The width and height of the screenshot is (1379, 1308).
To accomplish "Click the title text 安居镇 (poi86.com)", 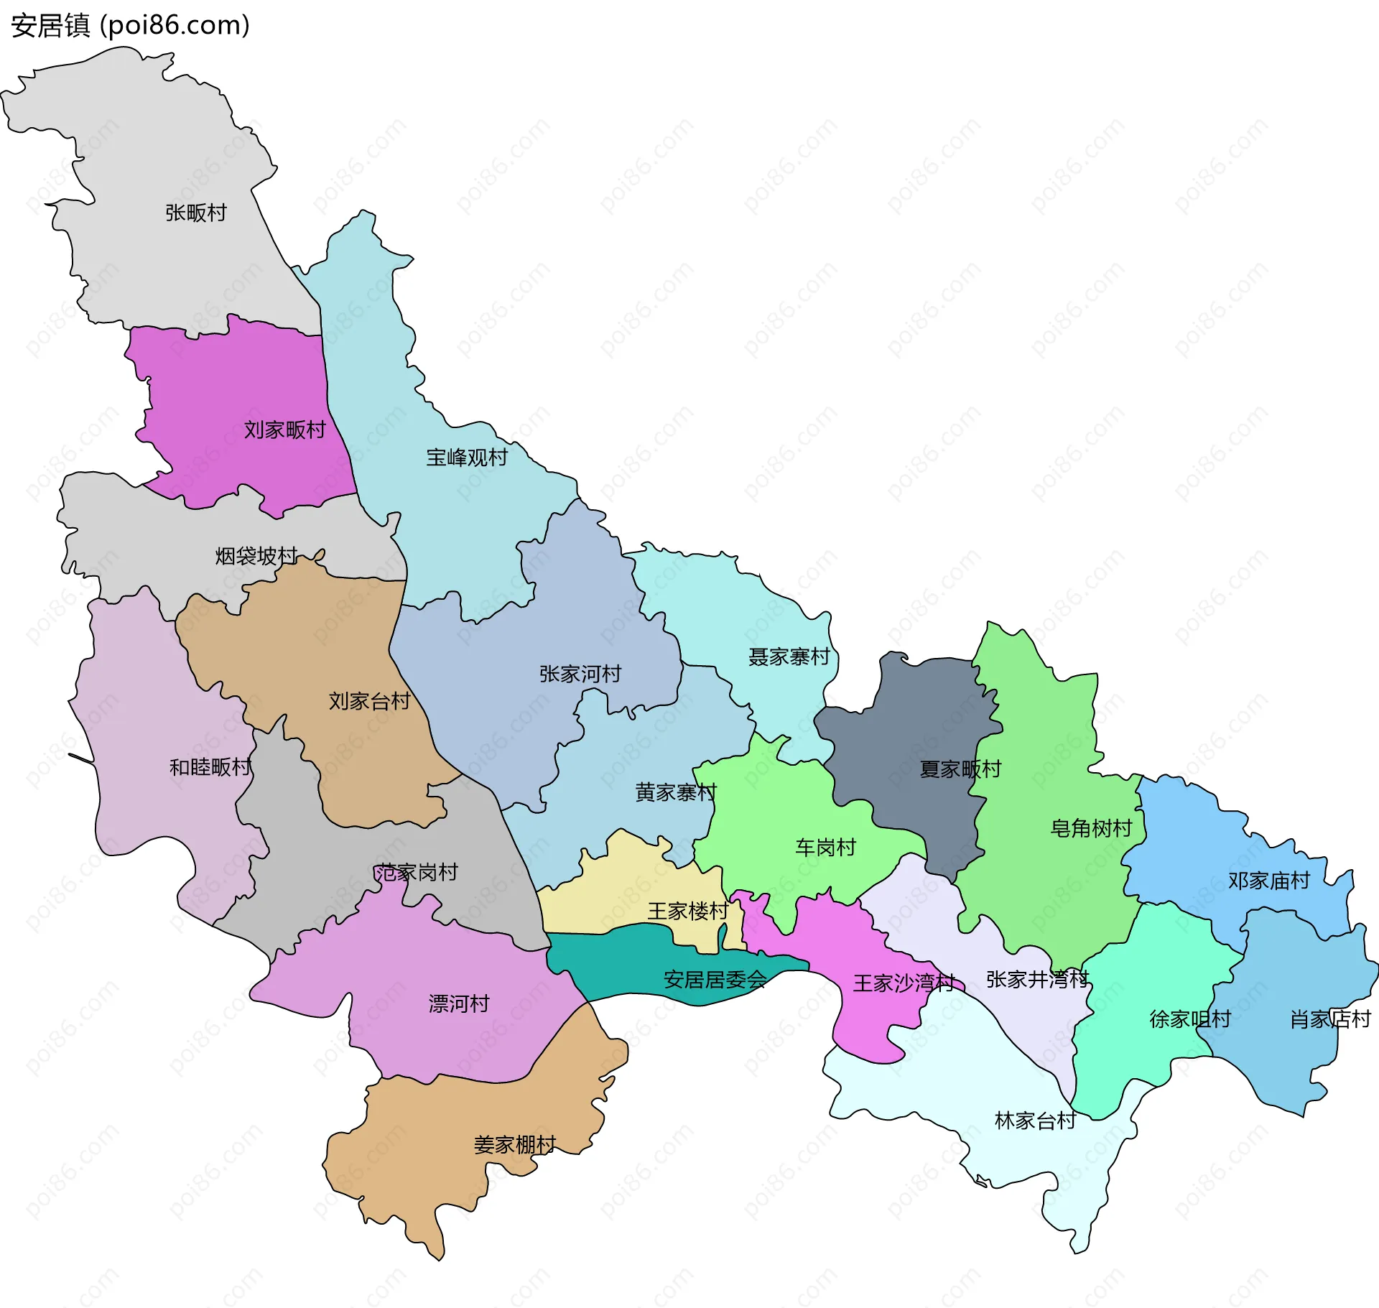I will pos(130,26).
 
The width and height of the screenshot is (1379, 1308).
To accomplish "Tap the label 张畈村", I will pos(195,213).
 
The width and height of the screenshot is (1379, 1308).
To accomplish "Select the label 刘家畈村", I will pos(284,430).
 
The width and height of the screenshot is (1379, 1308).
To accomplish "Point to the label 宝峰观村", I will pos(467,458).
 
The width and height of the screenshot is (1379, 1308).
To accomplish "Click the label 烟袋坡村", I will pos(256,555).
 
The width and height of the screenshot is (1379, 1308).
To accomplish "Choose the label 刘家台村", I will pos(369,700).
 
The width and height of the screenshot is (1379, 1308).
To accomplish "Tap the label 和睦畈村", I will pos(210,767).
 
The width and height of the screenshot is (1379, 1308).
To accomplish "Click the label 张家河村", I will pos(580,674).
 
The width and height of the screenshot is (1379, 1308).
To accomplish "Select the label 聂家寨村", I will pos(789,657).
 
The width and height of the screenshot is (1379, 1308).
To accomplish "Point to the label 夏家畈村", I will pos(960,769).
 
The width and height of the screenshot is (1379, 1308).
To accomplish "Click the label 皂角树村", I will pos(1091,828).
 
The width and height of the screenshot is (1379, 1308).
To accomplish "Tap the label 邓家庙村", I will pos(1268,881).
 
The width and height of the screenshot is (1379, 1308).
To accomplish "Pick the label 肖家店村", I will pos(1330,1019).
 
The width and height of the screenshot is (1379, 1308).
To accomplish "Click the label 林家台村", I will pos(1035,1121).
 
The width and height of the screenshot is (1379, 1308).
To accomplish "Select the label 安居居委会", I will pos(715,980).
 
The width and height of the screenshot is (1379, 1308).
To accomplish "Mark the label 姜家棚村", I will pos(514,1145).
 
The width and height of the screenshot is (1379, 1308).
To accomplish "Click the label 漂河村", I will pos(458,1003).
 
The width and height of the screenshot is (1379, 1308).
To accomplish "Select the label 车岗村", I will pos(825,848).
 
